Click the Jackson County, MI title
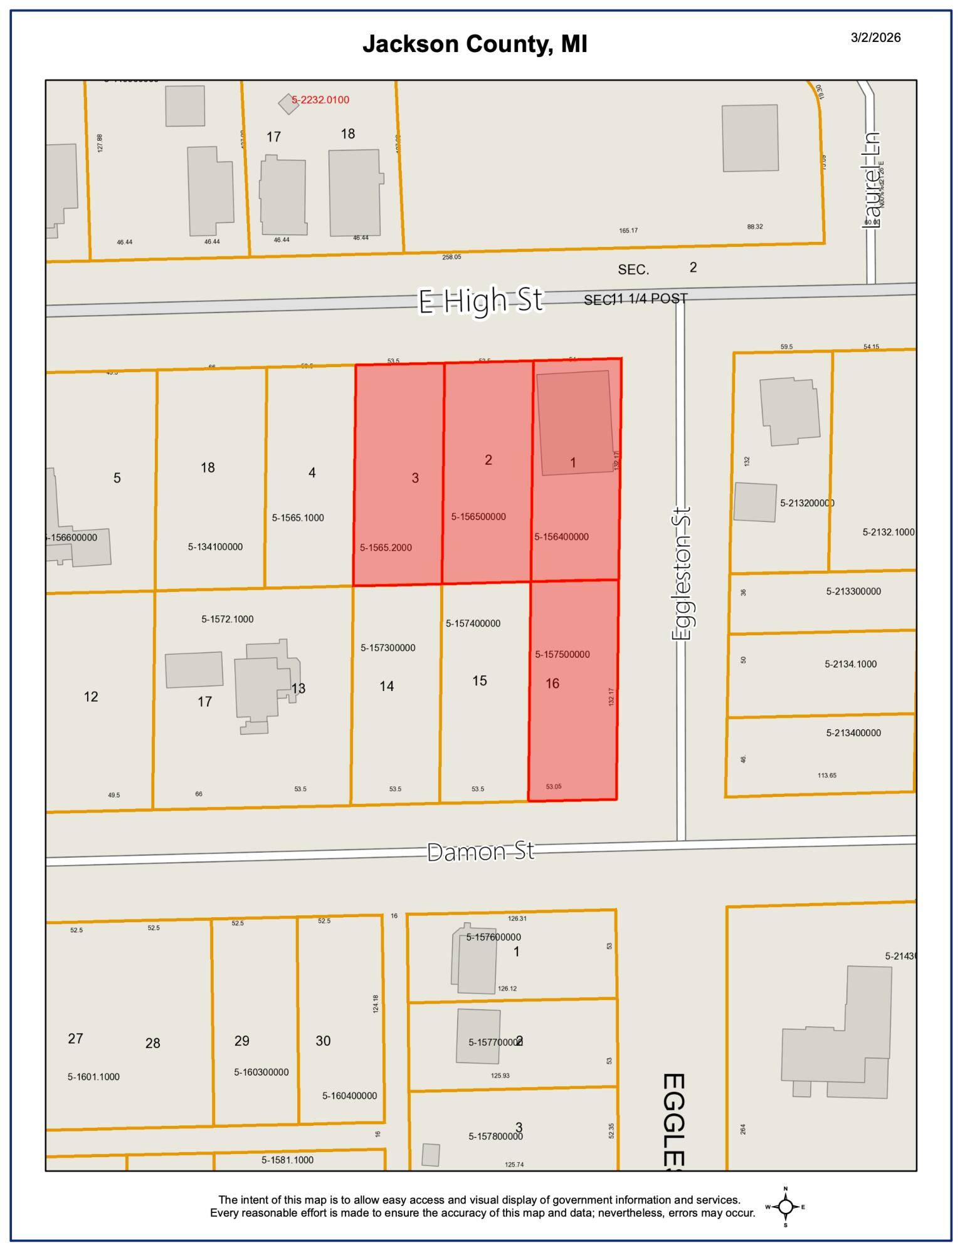475,44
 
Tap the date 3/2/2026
875,38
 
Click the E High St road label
480,300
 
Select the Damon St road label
480,852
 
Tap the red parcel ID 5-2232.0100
320,100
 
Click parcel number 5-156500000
478,517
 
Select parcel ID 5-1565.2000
386,548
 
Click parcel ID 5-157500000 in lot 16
562,655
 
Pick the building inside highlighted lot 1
574,423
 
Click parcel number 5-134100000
215,547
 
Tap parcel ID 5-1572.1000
227,619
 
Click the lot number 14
386,687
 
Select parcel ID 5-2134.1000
850,664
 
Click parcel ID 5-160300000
261,1073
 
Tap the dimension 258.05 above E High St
451,257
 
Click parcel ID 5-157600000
493,937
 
